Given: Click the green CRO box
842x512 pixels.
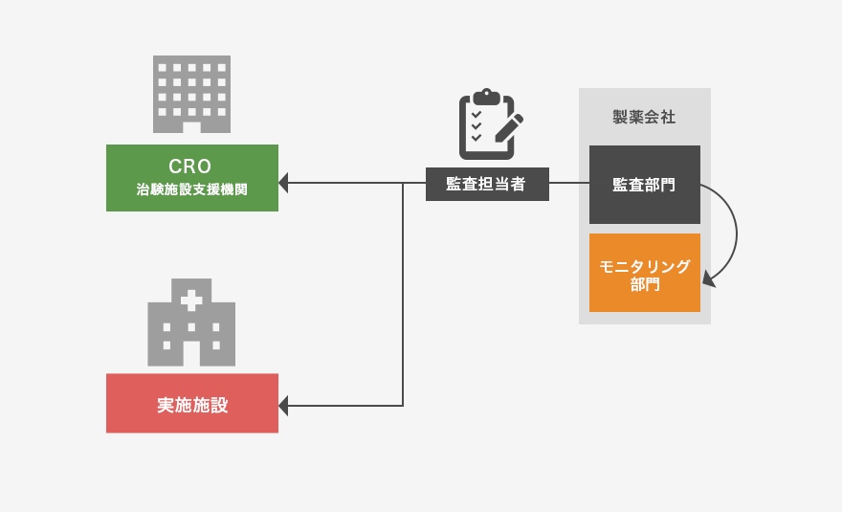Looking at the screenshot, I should click(191, 177).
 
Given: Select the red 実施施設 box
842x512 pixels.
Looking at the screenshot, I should click(191, 403).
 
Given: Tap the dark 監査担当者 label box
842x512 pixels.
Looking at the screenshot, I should click(487, 184).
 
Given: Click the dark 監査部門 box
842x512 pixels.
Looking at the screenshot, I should click(644, 184).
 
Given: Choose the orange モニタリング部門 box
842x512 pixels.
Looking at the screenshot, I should click(644, 273).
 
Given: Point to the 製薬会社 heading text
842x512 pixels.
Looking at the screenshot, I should click(644, 118).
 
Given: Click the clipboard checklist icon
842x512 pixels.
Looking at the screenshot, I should click(486, 126).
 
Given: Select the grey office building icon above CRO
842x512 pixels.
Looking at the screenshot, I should click(191, 93).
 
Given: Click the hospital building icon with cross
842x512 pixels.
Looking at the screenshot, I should click(191, 323).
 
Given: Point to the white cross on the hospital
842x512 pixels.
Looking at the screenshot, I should click(191, 300).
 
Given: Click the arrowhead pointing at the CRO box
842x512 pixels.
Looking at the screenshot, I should click(283, 183).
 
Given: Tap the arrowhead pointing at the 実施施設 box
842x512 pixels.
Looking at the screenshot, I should click(283, 406).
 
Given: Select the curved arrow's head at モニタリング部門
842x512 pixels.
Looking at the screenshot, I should click(707, 279).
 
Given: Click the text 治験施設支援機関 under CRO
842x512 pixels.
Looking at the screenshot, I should click(191, 190).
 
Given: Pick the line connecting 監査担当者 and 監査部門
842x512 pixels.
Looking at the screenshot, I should click(568, 183).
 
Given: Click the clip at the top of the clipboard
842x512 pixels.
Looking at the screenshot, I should click(486, 96).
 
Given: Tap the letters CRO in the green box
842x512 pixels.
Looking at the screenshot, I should click(191, 166).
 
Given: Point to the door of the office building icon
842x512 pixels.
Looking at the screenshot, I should click(191, 127).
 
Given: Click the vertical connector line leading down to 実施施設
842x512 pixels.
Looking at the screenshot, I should click(403, 297).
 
